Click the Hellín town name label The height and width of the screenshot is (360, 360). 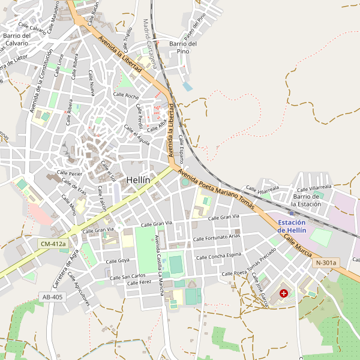138,179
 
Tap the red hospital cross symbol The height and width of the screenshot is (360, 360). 283,293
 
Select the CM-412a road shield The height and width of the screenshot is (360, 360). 52,244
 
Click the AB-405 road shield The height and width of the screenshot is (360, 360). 52,296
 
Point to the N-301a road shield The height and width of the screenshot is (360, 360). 326,263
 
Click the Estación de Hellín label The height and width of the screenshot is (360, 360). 292,226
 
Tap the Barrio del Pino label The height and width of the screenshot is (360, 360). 183,47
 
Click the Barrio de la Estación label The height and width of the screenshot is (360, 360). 306,200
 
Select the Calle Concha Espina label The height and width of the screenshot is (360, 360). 217,256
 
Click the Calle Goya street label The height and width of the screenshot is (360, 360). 118,261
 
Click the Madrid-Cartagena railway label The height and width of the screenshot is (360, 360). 149,43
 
